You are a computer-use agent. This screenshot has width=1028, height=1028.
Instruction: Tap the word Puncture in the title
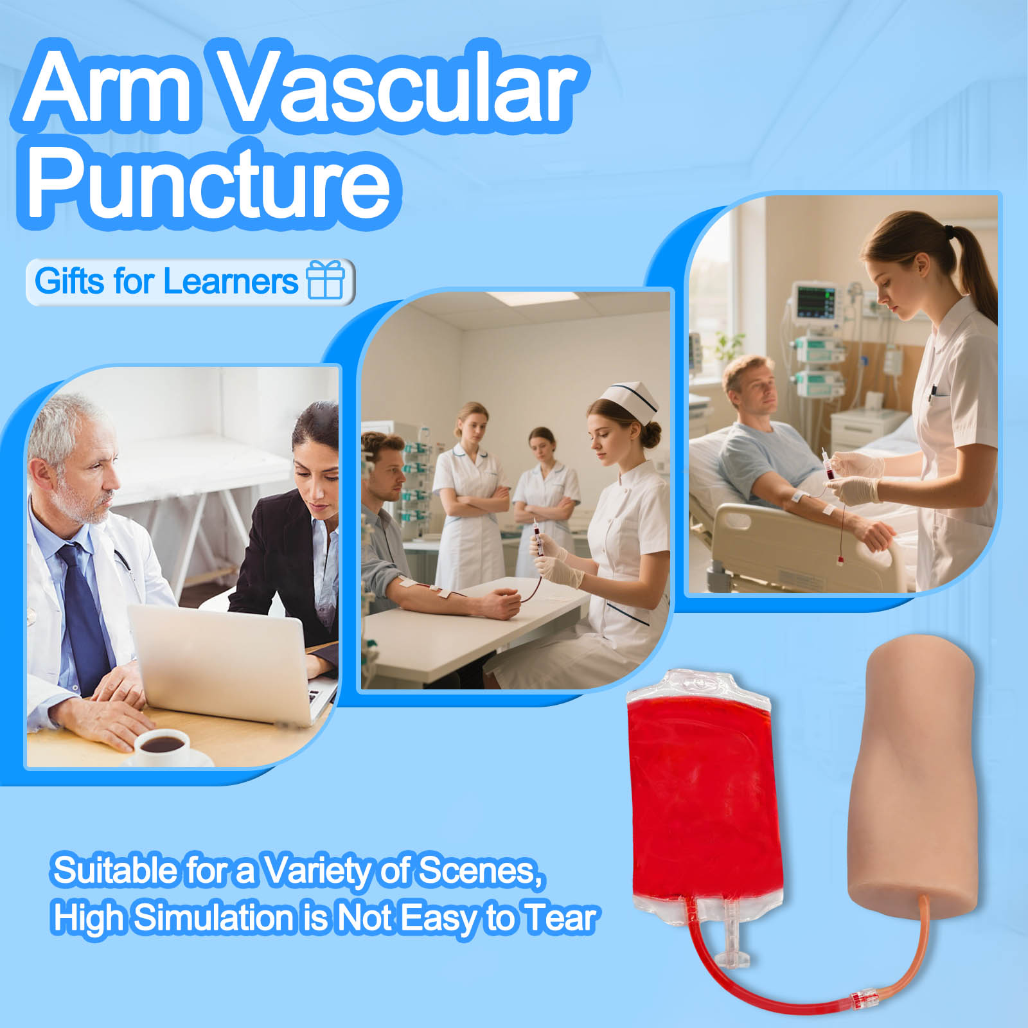pos(209,182)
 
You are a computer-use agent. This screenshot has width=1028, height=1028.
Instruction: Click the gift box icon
pos(326,279)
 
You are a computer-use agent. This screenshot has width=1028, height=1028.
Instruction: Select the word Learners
pos(230,281)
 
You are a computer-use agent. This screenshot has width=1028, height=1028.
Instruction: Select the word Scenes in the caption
pos(478,871)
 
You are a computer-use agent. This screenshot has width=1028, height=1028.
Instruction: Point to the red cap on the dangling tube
pos(840,561)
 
